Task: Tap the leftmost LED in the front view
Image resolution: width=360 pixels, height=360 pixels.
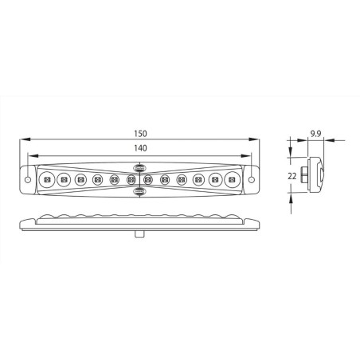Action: pyautogui.click(x=47, y=181)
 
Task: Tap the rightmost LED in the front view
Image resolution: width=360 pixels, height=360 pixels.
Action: pyautogui.click(x=233, y=181)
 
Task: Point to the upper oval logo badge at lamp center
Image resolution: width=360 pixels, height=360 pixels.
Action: pyautogui.click(x=139, y=169)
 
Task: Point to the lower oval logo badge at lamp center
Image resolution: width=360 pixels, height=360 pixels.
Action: pyautogui.click(x=139, y=192)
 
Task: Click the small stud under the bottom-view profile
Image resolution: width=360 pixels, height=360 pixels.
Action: pyautogui.click(x=140, y=233)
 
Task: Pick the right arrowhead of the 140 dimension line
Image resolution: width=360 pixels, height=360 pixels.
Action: pyautogui.click(x=248, y=156)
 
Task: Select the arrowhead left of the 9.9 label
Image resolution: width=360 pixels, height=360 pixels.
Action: pyautogui.click(x=300, y=143)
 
